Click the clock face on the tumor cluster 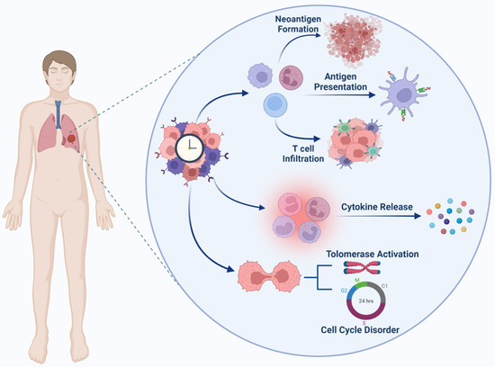point(188,148)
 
